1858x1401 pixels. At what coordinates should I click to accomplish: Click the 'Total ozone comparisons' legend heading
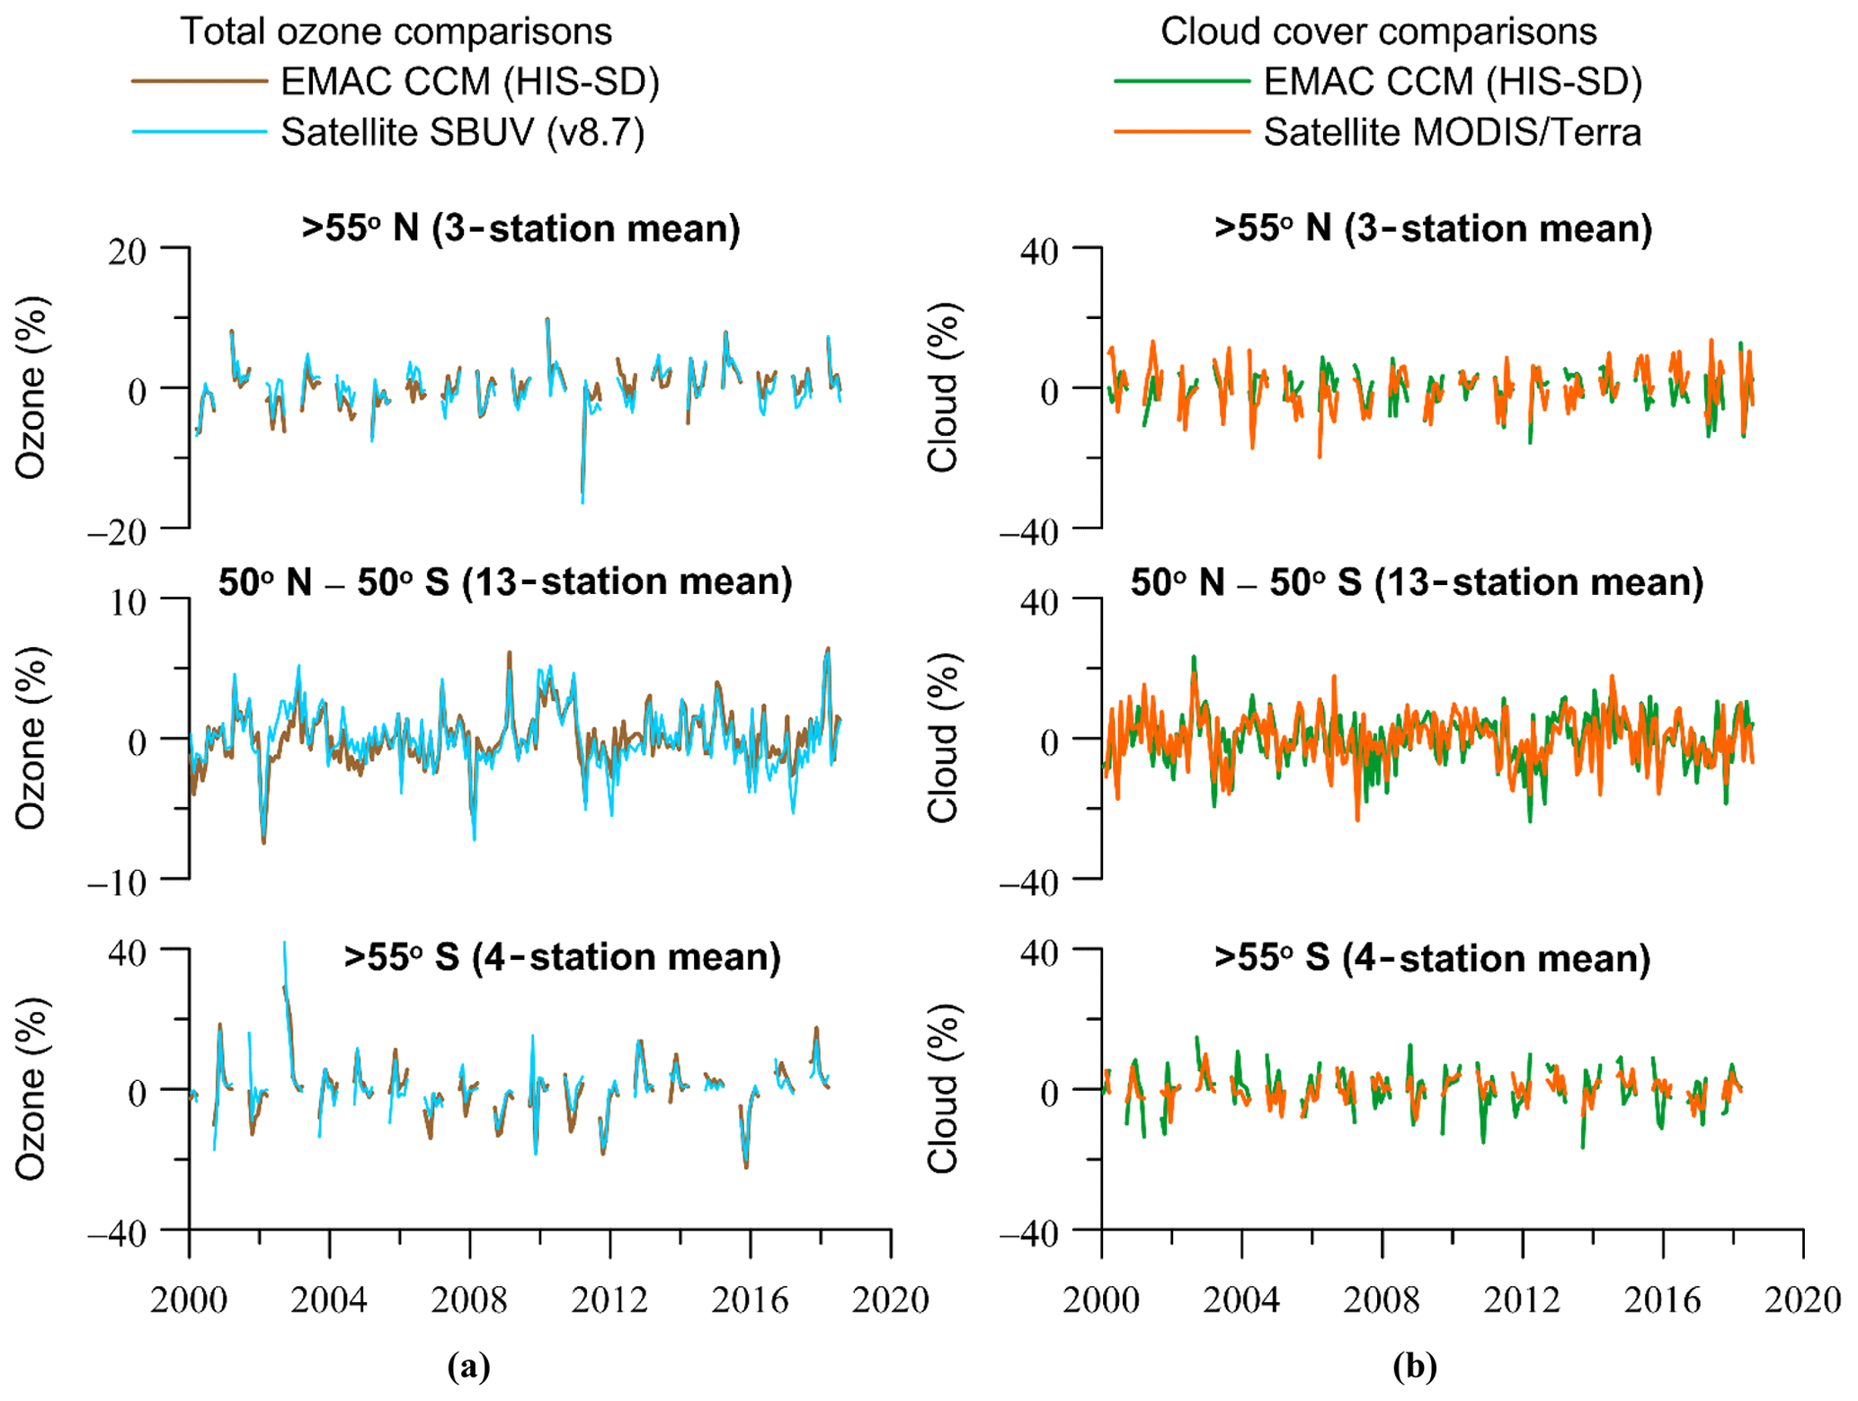[396, 31]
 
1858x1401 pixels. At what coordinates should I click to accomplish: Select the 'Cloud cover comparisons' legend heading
[1378, 31]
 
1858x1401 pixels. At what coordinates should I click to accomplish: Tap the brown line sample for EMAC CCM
[200, 82]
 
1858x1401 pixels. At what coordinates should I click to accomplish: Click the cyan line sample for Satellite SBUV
[200, 132]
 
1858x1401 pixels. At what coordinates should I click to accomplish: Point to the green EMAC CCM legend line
[1181, 82]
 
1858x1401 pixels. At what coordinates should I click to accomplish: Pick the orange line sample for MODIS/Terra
[1181, 132]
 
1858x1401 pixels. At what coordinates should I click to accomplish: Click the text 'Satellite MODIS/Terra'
[1452, 132]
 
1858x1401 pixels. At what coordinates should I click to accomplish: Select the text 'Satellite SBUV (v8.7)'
[462, 132]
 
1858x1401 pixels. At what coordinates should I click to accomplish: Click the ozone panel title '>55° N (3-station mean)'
[520, 228]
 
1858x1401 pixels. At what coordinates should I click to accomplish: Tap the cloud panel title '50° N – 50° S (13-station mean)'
[1417, 582]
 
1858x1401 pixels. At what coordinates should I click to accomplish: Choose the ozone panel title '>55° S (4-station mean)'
[562, 957]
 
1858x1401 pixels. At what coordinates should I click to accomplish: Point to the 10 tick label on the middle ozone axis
[128, 602]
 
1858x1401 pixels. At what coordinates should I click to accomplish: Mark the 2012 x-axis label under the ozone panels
[609, 1299]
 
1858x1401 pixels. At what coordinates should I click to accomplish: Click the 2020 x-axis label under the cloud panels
[1802, 1299]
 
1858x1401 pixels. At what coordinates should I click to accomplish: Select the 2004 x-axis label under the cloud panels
[1241, 1299]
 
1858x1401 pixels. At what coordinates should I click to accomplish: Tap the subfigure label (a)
[468, 1367]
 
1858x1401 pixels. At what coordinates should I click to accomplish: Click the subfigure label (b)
[1415, 1367]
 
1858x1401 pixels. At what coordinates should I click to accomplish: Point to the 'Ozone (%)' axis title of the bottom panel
[31, 1088]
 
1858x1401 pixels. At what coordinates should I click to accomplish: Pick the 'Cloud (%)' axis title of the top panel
[944, 386]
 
